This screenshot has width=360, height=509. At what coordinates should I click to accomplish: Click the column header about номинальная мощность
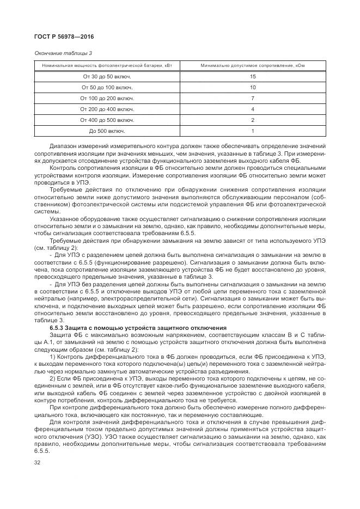click(x=107, y=66)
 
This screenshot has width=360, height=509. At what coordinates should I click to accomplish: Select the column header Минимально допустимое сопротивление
click(x=252, y=66)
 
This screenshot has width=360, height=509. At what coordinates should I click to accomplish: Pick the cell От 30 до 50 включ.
click(x=107, y=77)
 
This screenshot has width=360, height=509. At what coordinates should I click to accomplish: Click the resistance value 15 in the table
click(x=253, y=77)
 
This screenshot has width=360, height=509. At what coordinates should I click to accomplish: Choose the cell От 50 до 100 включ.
click(x=107, y=88)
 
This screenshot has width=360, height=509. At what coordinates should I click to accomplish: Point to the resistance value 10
click(x=253, y=88)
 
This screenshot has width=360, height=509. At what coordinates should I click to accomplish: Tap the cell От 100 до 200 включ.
click(x=107, y=99)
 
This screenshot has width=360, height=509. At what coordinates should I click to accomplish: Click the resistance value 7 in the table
click(x=253, y=99)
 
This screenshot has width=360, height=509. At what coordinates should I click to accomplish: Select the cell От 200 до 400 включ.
click(x=107, y=109)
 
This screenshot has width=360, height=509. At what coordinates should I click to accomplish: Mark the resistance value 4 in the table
click(x=253, y=109)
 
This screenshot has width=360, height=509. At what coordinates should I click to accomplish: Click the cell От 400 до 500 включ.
click(x=107, y=120)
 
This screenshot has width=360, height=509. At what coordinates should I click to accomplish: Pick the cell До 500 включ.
click(x=107, y=131)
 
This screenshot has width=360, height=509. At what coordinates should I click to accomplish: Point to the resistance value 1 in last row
click(x=253, y=131)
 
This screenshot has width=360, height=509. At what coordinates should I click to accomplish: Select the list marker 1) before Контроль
click(x=52, y=356)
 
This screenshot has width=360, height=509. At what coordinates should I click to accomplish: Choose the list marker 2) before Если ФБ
click(x=52, y=377)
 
